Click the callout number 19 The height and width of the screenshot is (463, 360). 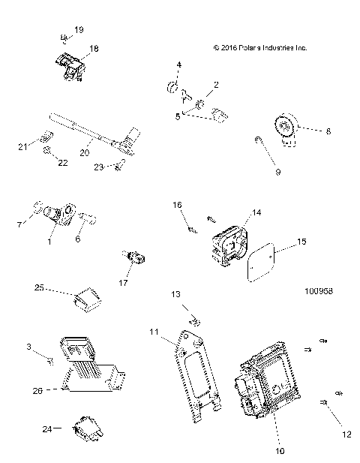click(79, 29)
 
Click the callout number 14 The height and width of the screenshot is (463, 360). click(257, 213)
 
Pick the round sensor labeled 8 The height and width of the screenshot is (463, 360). click(288, 128)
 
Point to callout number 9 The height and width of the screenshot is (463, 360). click(277, 172)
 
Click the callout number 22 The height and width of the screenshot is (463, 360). click(63, 163)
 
